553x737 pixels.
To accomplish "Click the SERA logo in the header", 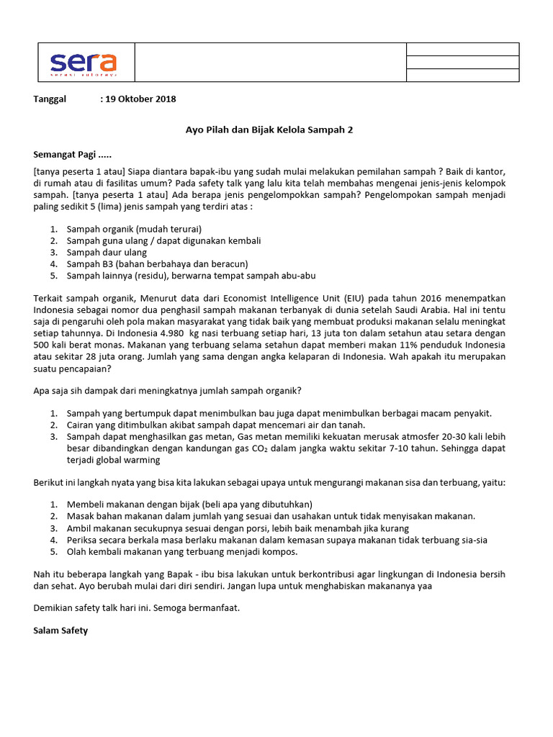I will [84, 63].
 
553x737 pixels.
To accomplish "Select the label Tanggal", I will [50, 99].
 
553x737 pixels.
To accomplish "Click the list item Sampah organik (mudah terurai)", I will [130, 229].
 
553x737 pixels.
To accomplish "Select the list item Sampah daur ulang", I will [107, 252].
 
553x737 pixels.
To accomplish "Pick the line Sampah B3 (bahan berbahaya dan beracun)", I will [157, 263].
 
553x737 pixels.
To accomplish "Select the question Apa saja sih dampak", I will [168, 391].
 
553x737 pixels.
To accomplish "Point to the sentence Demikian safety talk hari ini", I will [136, 608].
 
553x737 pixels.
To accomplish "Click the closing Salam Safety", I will [61, 631].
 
